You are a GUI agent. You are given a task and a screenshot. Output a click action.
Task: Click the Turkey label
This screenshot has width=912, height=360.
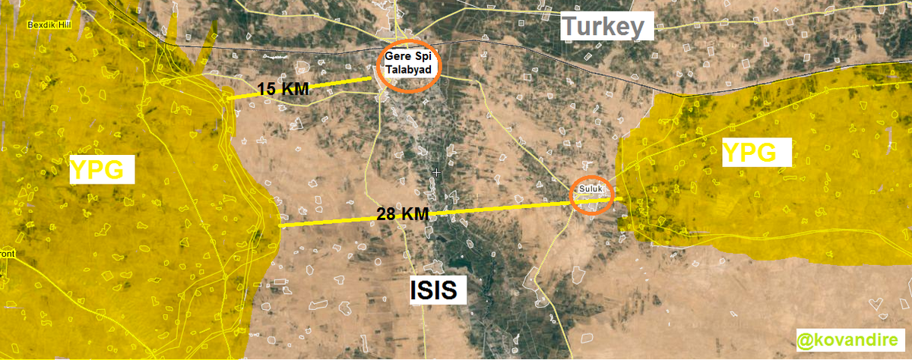606,28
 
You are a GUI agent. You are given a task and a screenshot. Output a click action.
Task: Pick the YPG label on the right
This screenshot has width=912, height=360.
749,153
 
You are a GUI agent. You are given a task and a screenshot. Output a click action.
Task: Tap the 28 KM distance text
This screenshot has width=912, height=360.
402,215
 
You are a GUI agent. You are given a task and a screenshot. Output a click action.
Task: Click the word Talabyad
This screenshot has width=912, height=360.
409,69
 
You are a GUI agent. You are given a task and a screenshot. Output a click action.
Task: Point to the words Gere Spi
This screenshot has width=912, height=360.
409,58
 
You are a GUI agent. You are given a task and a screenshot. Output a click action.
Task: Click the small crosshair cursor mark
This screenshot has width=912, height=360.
436,173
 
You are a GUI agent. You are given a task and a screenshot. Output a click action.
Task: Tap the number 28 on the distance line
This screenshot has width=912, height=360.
386,215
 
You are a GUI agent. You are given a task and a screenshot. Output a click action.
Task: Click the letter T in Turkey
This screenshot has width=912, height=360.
569,28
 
